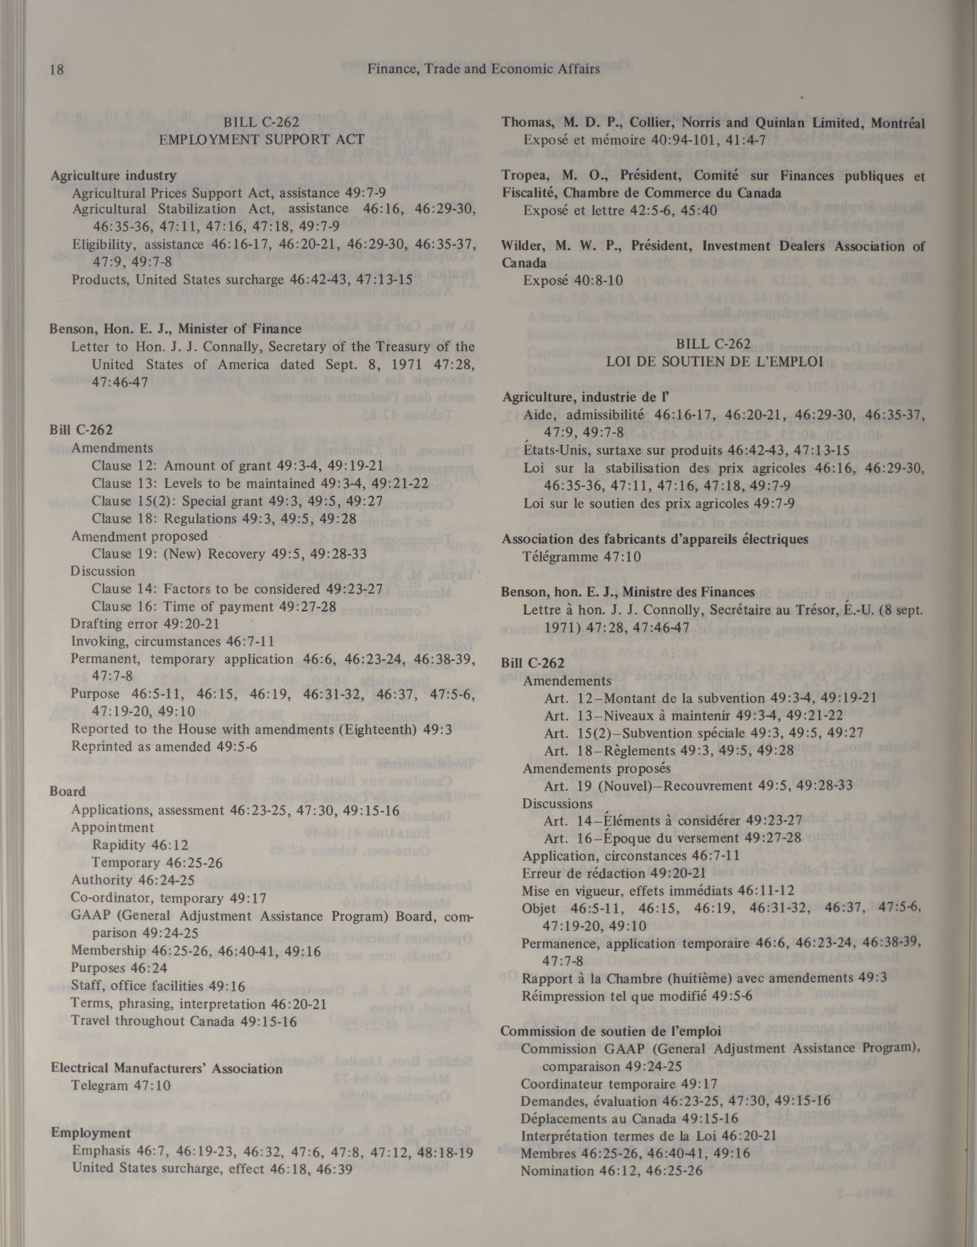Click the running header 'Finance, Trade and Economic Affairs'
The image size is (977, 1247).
[483, 69]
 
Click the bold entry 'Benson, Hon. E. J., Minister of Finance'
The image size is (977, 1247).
[175, 329]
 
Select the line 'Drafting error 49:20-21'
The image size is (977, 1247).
[145, 623]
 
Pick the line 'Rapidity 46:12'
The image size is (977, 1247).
[140, 845]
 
